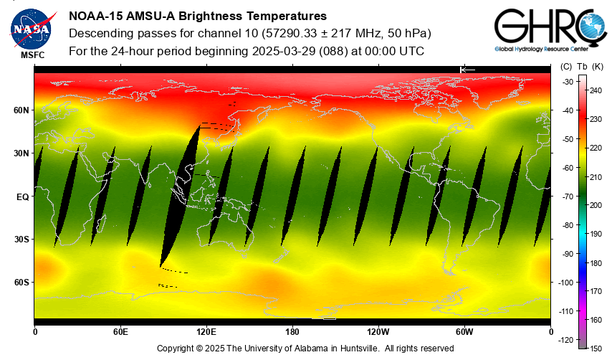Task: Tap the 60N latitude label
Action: (21, 110)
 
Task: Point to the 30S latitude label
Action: (21, 240)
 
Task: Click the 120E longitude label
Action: (206, 331)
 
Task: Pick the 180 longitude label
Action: (292, 331)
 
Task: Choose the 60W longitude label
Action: (464, 331)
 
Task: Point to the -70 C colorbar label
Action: (568, 196)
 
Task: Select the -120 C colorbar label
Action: (566, 340)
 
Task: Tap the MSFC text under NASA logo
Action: (32, 55)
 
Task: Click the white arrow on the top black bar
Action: (467, 69)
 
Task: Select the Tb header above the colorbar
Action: (582, 67)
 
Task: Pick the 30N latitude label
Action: (21, 153)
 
